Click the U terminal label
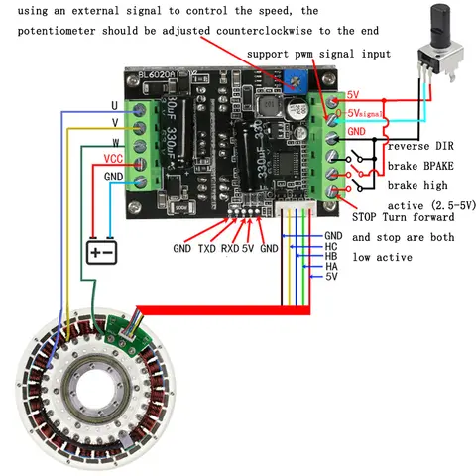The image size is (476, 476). coord(114,104)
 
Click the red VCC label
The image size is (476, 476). coord(112,159)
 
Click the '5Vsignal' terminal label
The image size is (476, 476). coord(364,115)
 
